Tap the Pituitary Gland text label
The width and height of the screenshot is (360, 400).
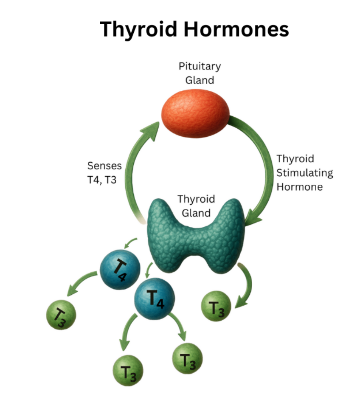200,73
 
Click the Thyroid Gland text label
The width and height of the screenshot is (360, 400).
196,206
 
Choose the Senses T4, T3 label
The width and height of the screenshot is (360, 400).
104,172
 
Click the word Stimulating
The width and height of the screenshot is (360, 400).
305,173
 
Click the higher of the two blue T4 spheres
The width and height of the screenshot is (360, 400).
120,269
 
